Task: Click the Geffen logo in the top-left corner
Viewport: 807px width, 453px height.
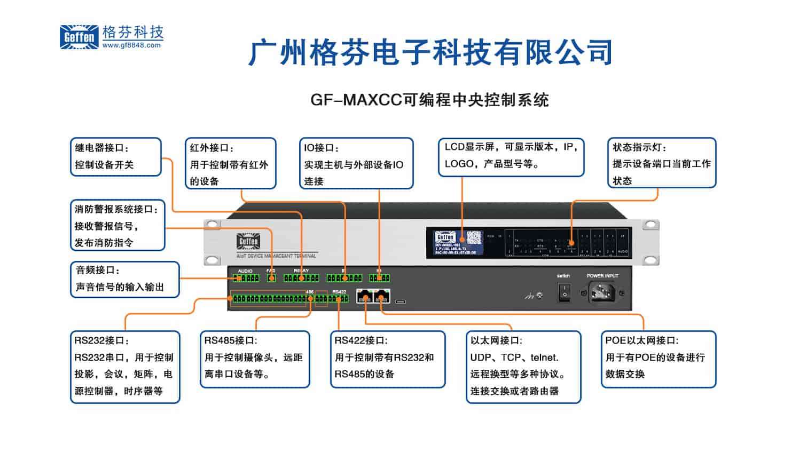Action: point(79,37)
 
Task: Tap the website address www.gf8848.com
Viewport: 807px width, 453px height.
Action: point(131,46)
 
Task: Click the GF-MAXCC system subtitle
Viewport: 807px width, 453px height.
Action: point(429,100)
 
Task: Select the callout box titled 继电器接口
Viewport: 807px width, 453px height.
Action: point(115,156)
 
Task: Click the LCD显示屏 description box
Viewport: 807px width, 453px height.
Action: point(511,157)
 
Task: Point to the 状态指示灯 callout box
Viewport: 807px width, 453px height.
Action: point(661,163)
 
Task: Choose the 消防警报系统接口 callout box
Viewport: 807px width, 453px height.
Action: point(117,225)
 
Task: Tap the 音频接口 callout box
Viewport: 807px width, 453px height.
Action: point(124,279)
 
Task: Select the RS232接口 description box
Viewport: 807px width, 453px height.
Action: point(125,367)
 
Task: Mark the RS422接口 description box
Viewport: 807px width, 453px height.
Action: point(387,359)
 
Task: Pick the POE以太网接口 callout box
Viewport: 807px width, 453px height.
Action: point(658,359)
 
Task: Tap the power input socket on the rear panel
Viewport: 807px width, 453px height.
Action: point(602,292)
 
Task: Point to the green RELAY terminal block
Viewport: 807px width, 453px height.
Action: point(301,278)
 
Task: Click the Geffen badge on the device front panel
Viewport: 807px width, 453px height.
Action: point(248,241)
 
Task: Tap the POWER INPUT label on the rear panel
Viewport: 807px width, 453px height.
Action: point(602,276)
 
